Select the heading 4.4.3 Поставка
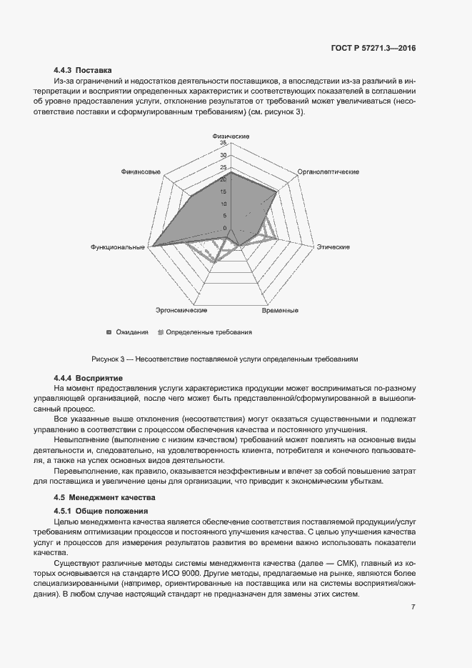[83, 71]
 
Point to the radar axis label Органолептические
[328, 172]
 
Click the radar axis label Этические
[333, 247]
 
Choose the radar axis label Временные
[280, 311]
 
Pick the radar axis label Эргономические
[181, 311]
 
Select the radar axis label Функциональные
[118, 247]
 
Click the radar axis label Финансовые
[141, 172]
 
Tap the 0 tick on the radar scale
[224, 228]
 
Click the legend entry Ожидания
[129, 332]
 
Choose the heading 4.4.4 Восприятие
[89, 377]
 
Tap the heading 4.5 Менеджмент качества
[104, 497]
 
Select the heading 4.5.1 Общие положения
[100, 511]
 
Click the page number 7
[413, 607]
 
